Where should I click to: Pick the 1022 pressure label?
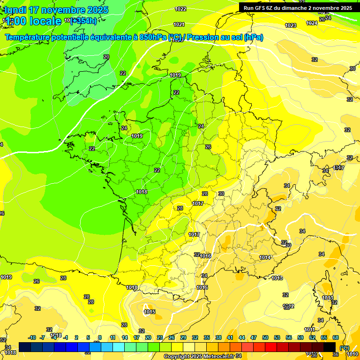(x=180, y=9)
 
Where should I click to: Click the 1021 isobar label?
(x=179, y=24)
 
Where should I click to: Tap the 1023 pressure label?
(x=291, y=25)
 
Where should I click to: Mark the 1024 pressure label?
(x=311, y=23)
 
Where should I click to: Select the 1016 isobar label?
(x=205, y=256)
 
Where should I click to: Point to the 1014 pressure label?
(x=265, y=257)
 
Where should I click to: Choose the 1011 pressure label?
(x=309, y=330)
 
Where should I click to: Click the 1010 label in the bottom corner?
(x=353, y=354)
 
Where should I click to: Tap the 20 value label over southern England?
(x=106, y=57)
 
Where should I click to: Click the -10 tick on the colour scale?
(x=32, y=337)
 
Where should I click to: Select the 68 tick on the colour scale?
(x=336, y=337)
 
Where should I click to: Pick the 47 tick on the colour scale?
(x=254, y=337)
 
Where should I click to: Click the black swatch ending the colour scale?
(x=330, y=347)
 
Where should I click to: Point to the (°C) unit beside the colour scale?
(x=345, y=347)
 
